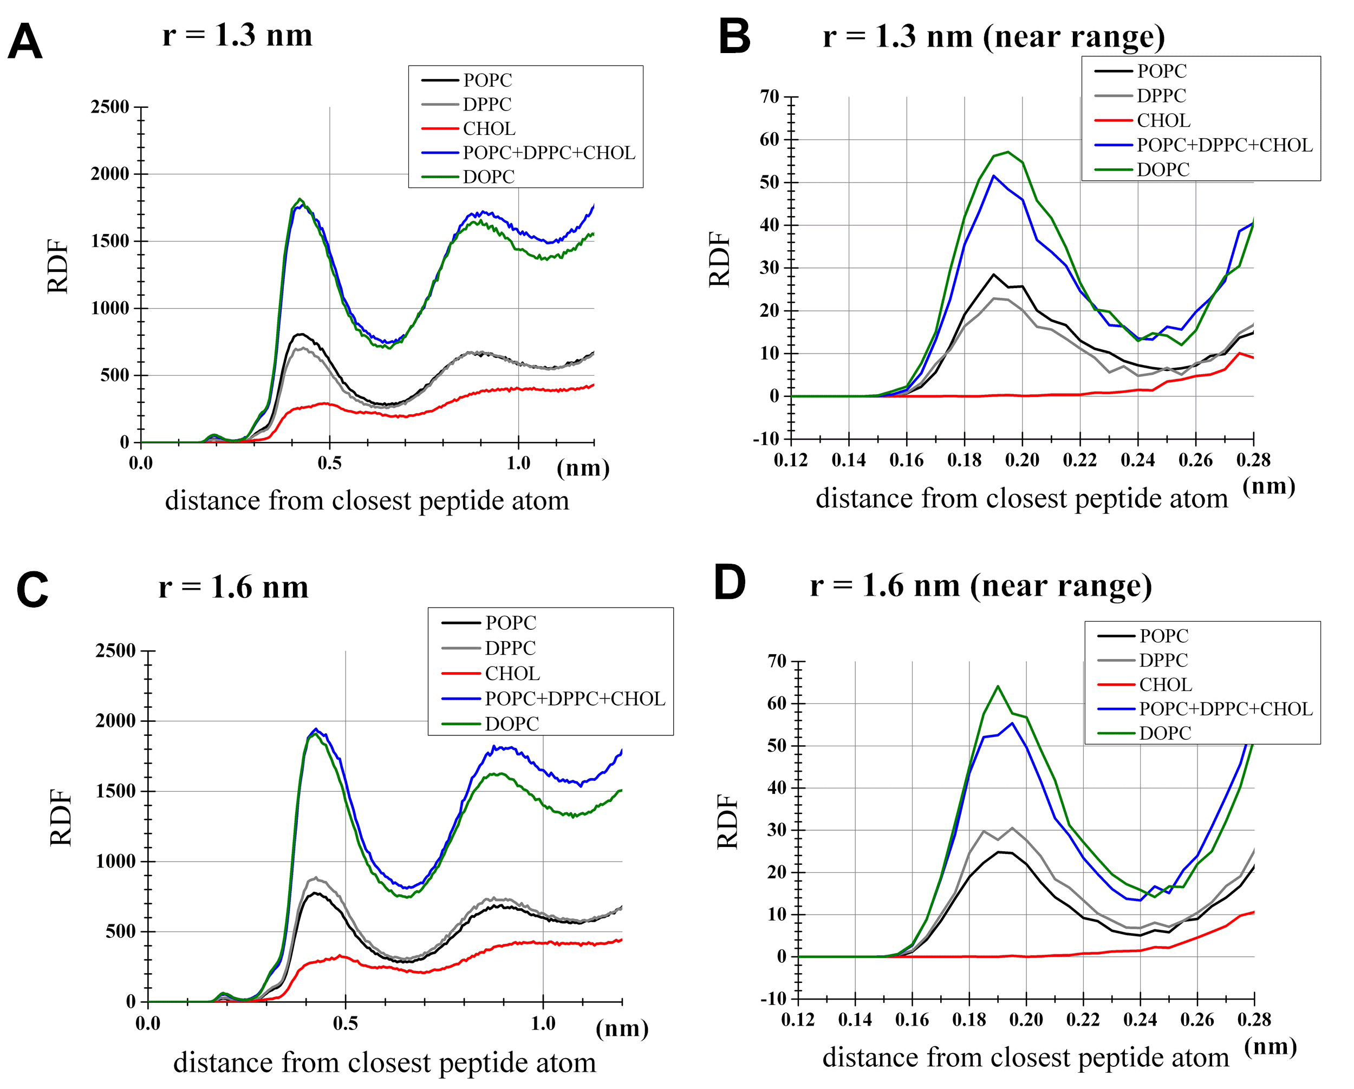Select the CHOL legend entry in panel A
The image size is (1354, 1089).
click(489, 129)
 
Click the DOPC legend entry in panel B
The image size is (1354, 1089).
click(1162, 169)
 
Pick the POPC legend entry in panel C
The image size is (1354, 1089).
click(511, 623)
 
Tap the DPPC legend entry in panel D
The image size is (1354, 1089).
click(1164, 660)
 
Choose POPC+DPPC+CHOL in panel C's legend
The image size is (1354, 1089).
click(575, 699)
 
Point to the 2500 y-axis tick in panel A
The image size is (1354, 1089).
click(110, 107)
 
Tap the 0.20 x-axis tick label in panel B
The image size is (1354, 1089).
click(1022, 460)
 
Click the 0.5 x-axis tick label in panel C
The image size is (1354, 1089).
click(346, 1023)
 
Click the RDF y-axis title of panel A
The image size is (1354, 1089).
click(58, 266)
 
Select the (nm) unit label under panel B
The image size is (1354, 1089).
click(1268, 485)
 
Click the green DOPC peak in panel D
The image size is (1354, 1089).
click(998, 687)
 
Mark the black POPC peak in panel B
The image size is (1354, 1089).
click(993, 275)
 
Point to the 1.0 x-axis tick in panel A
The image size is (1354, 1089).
click(519, 464)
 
